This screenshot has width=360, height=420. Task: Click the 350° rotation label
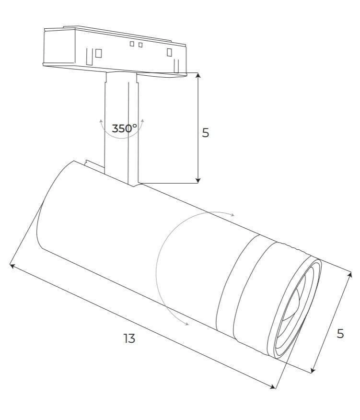coord(124,128)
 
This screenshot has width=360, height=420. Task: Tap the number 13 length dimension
coord(129,338)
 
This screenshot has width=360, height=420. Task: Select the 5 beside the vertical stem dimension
coord(206,133)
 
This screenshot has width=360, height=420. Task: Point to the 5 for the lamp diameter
coord(340,334)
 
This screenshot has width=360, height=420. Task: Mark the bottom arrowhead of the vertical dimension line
coord(198,181)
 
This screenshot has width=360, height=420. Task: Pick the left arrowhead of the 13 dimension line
coord(12,266)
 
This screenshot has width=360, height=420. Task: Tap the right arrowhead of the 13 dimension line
coord(273,386)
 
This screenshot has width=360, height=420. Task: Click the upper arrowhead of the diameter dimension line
coord(350,275)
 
